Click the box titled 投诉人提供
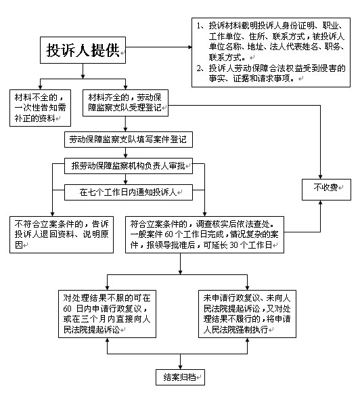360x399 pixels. (x=83, y=50)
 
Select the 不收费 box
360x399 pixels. (x=326, y=189)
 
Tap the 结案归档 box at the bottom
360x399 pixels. (x=180, y=377)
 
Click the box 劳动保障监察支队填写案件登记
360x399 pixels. (x=129, y=140)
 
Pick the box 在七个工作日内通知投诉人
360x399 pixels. (x=129, y=192)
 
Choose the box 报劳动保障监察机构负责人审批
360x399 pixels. (x=129, y=166)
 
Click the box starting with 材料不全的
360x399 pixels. (x=40, y=108)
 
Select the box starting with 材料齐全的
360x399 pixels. (x=125, y=103)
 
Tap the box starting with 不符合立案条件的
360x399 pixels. (x=62, y=234)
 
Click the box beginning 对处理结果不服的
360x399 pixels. (x=107, y=314)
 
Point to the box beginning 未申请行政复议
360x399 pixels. (x=247, y=314)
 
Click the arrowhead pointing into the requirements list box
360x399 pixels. (x=189, y=47)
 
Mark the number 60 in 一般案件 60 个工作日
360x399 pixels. (x=168, y=234)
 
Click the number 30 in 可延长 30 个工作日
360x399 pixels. (x=233, y=245)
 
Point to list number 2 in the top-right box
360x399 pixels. (x=200, y=68)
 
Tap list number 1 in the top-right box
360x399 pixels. (x=200, y=26)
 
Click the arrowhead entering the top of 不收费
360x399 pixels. (x=320, y=177)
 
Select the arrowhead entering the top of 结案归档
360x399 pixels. (x=180, y=367)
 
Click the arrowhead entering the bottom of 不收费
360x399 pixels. (x=320, y=203)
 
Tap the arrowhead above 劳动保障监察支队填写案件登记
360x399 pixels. (x=125, y=129)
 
